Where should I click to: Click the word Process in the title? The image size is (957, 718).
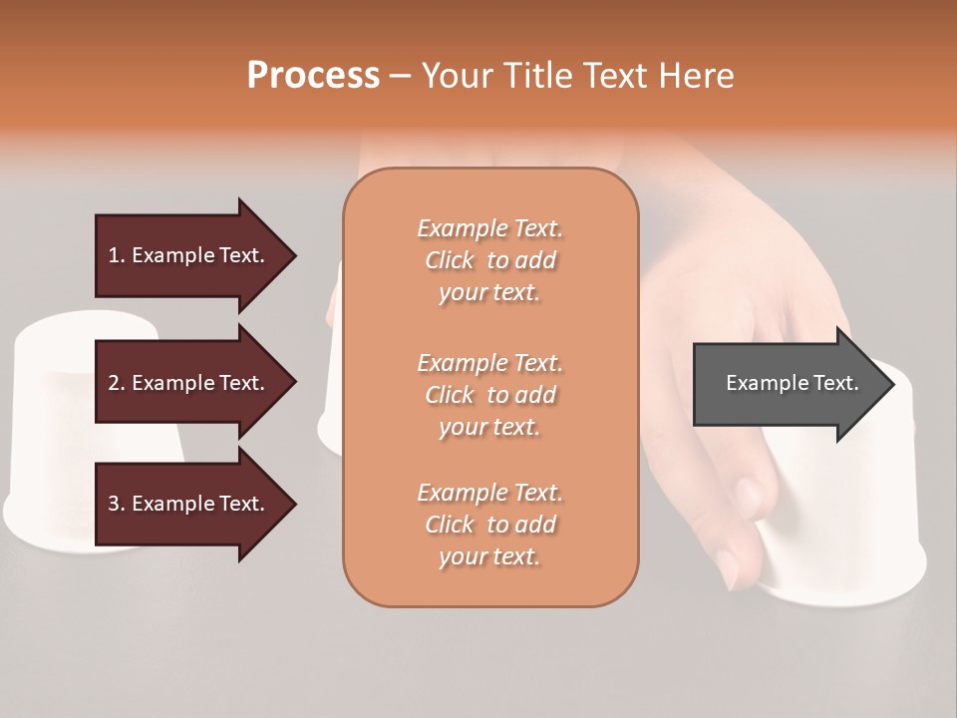pos(313,76)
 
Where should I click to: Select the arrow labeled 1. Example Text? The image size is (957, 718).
pos(189,255)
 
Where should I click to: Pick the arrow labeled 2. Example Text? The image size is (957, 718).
pos(189,383)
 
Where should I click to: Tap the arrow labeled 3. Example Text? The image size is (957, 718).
pos(189,504)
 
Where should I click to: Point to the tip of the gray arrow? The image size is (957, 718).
pos(891,384)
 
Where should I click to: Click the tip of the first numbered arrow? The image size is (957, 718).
pos(293,255)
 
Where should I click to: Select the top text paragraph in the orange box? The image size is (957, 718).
pos(489,260)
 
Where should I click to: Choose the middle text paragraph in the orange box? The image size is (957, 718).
pos(489,395)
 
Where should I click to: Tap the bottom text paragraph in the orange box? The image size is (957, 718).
pos(489,525)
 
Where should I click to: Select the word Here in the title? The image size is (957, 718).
pos(698,76)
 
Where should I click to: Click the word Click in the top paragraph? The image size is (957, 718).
pos(450,260)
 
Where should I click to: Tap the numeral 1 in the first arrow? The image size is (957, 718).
pos(114,255)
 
